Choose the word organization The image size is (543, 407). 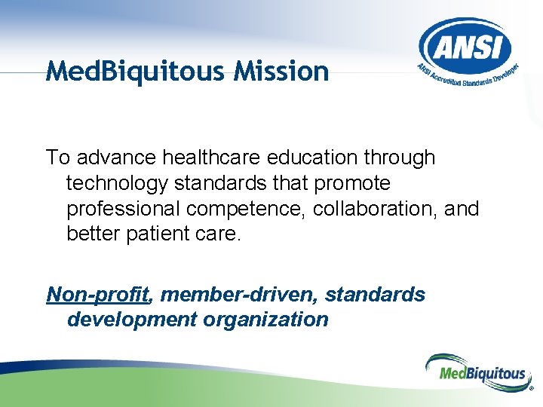point(265,320)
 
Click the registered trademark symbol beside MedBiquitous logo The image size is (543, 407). point(531,390)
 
